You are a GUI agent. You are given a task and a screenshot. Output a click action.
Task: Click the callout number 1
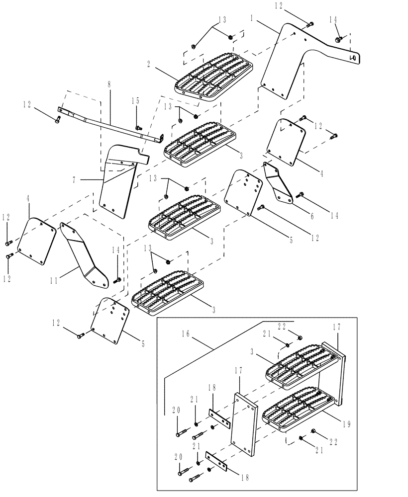[x=252, y=18]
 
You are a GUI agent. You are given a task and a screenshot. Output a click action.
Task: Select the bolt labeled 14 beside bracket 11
[x=117, y=280]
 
